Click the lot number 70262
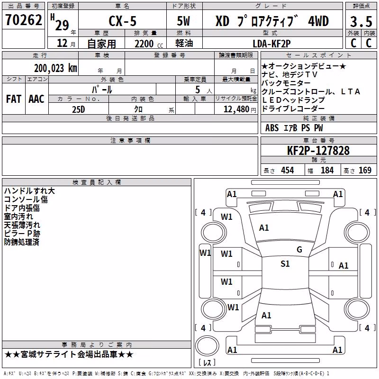coord(23,20)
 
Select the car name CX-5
coord(123,21)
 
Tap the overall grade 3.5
coord(361,22)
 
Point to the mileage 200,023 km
coord(55,68)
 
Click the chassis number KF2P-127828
coord(318,151)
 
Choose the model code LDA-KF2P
coord(271,44)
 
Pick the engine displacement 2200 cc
coord(149,44)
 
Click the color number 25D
coord(79,109)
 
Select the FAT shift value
coord(14,99)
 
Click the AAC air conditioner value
coord(36,99)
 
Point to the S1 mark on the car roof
coord(285,264)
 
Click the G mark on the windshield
coord(299,250)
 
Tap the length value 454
coord(288,170)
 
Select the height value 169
coord(365,170)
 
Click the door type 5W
coord(183,21)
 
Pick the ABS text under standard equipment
coord(272,128)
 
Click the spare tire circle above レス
coord(207,346)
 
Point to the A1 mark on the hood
coord(264,228)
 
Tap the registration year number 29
coord(62,26)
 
